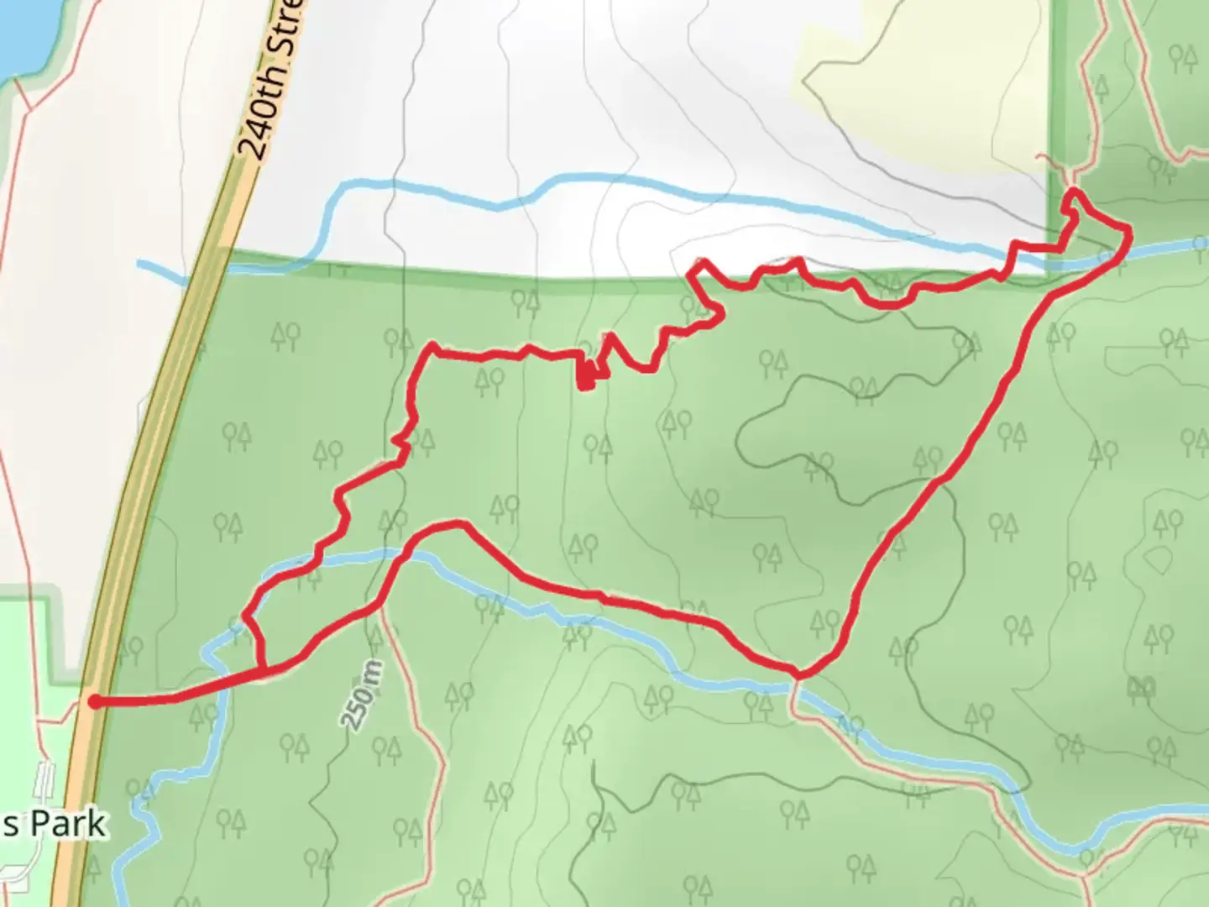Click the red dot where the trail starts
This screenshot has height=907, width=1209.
[x=95, y=702]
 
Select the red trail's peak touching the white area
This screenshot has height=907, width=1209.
[x=698, y=264]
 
